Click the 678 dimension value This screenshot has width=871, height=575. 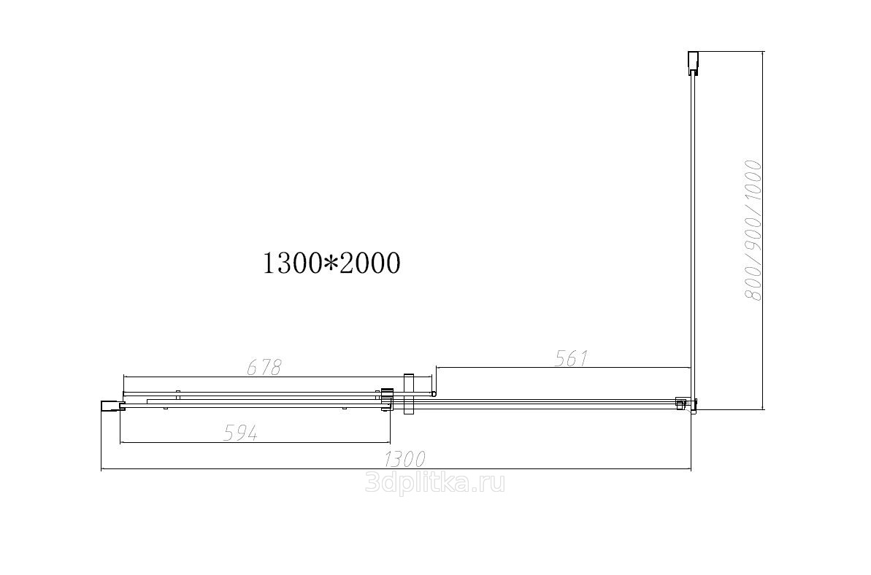click(264, 367)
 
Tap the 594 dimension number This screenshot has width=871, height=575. click(240, 433)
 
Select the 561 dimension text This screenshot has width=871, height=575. click(571, 358)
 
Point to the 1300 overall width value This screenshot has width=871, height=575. click(405, 460)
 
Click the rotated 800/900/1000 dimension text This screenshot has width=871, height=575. click(753, 231)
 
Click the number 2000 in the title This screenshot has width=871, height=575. click(369, 263)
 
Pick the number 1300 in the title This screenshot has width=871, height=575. click(292, 263)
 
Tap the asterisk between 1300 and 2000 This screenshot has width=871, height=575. click(331, 263)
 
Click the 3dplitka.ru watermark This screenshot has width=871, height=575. click(435, 483)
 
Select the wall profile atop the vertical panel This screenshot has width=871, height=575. click(693, 63)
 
